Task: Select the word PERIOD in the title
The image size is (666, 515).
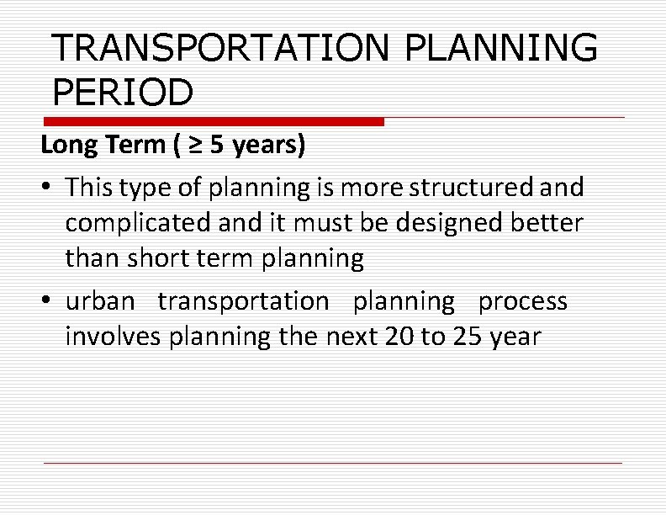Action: point(122,92)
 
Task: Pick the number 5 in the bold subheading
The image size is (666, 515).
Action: point(217,146)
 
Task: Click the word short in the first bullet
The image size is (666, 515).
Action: point(154,259)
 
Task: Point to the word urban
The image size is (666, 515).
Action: point(102,301)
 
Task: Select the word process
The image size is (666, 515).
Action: point(523,301)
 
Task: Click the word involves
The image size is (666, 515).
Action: point(114,337)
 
